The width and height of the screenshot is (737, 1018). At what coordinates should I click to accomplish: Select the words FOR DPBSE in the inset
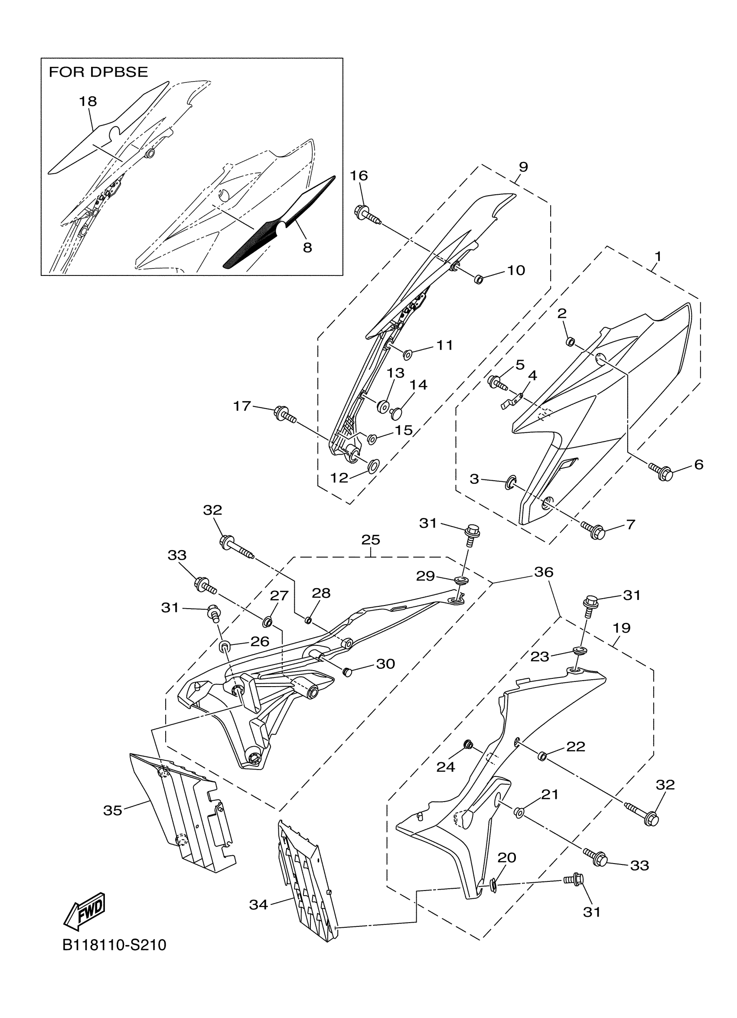point(98,72)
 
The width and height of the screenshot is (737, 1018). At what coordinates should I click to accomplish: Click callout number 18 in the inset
point(88,101)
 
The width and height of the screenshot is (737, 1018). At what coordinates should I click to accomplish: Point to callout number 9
point(523,167)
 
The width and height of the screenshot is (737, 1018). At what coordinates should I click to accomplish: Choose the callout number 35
point(113,811)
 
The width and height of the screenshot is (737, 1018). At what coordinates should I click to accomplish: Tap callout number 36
point(544,572)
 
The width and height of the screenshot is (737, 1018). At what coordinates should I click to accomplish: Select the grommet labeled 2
point(570,342)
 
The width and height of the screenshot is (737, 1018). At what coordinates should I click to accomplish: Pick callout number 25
point(371,540)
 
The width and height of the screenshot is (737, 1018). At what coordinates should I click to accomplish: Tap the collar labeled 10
point(478,280)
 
